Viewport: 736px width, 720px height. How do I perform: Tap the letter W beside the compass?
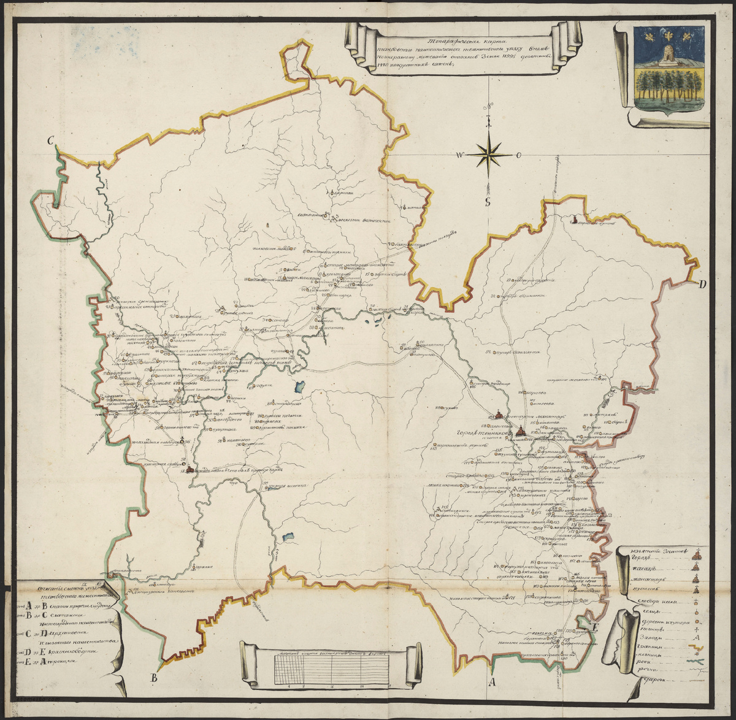click(458, 155)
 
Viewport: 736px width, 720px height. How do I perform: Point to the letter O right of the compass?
click(518, 155)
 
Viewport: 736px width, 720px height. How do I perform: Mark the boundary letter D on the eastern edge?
click(703, 283)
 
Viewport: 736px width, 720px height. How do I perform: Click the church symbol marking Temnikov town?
click(520, 431)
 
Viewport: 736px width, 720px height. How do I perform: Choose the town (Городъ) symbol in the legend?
click(697, 556)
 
